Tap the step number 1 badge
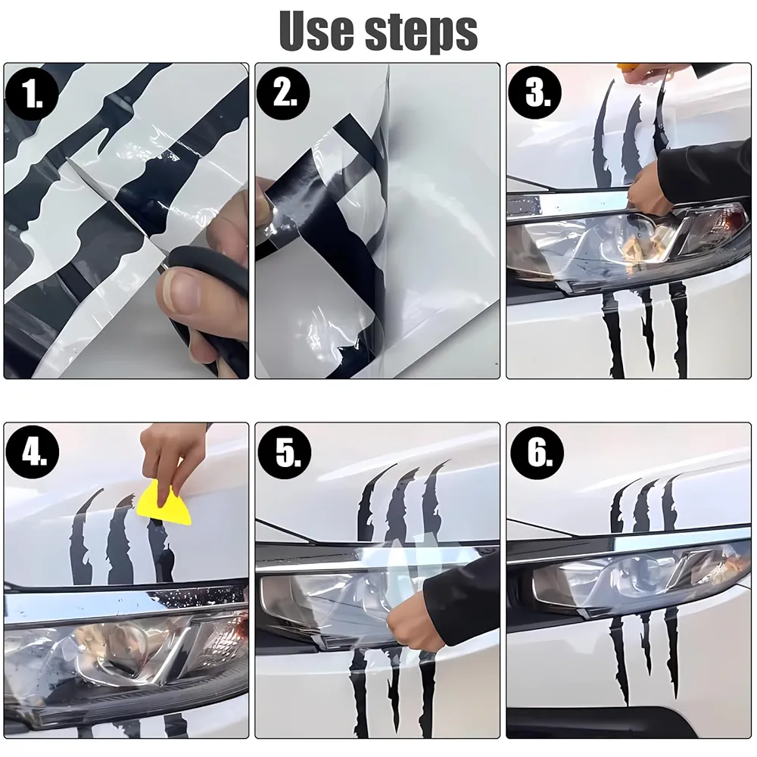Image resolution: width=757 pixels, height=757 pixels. click(33, 94)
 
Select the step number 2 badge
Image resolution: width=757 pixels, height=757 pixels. click(283, 94)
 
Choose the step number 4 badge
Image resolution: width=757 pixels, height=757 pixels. click(33, 453)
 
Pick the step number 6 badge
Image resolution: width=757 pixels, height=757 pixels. click(537, 453)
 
